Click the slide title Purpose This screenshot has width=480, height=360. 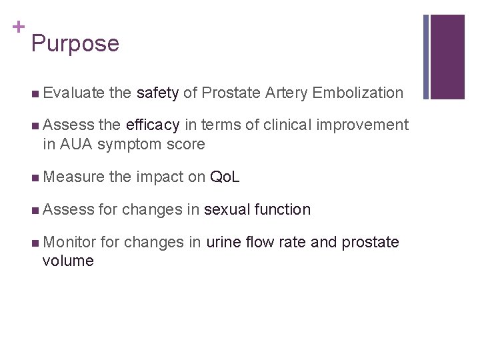(x=75, y=44)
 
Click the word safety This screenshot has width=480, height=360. (x=157, y=93)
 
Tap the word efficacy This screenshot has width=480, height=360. (x=153, y=125)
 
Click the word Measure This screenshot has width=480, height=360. (x=73, y=177)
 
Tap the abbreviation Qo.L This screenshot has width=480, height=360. (x=225, y=177)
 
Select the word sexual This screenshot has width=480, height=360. (x=227, y=210)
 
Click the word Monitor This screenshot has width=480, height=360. (x=70, y=242)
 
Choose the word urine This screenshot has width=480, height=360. (x=225, y=242)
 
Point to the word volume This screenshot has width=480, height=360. (x=68, y=261)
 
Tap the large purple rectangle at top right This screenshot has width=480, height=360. (x=447, y=57)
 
